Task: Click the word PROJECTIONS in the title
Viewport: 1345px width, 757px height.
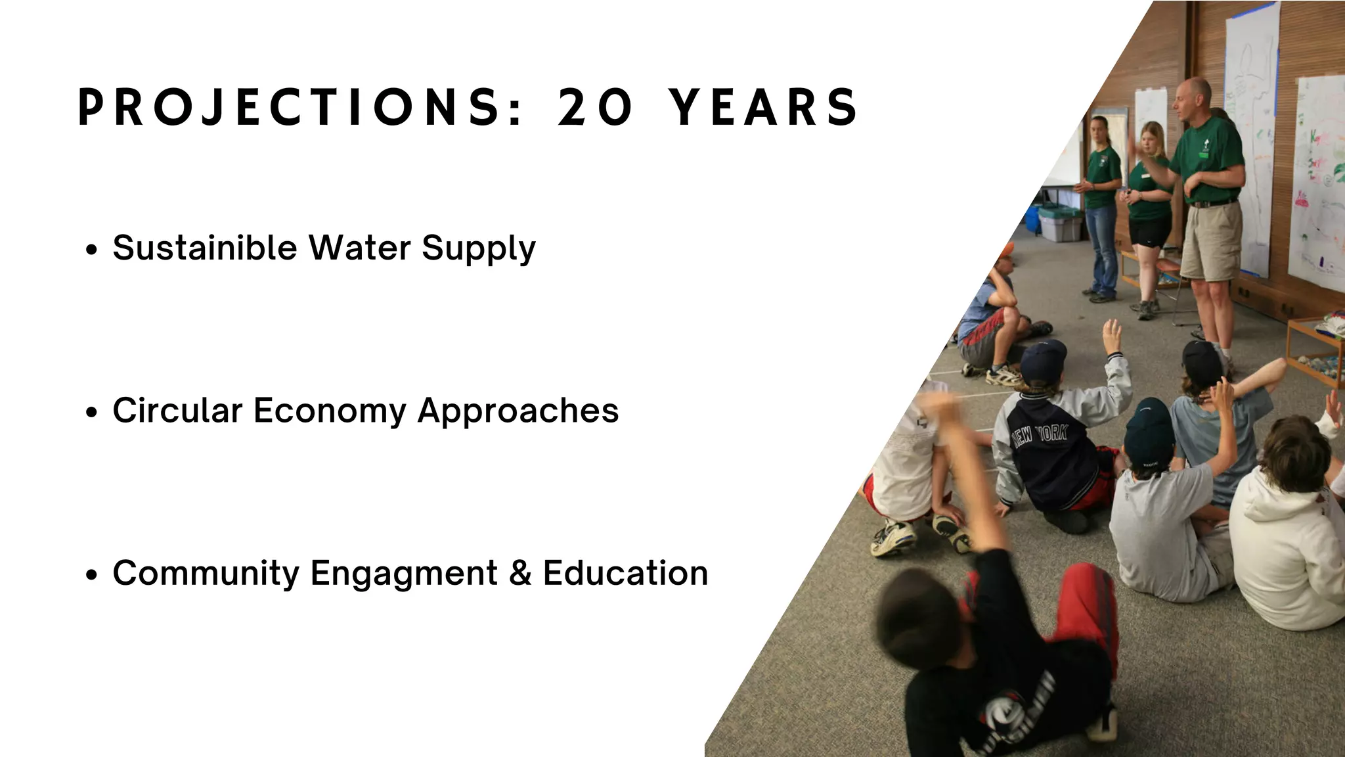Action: point(299,107)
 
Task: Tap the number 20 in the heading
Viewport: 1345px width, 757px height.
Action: point(595,107)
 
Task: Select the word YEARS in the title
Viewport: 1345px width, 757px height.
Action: point(764,107)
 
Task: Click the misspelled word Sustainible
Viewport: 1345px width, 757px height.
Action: point(205,248)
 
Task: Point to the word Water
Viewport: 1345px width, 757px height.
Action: point(360,248)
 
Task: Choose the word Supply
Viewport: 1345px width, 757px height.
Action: point(479,249)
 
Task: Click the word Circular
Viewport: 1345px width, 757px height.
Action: point(177,411)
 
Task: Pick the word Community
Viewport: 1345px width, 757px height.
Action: point(206,573)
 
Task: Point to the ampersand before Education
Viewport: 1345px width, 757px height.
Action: point(520,573)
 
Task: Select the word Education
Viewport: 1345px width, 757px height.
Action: point(625,573)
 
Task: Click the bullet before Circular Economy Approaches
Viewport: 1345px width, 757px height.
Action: point(92,412)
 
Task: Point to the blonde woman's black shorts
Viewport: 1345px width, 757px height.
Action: point(1149,231)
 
